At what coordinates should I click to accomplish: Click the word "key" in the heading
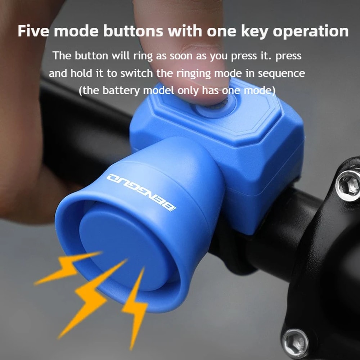point(254,31)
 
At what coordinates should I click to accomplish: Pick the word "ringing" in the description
point(194,73)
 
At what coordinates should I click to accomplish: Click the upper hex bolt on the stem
point(348,185)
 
